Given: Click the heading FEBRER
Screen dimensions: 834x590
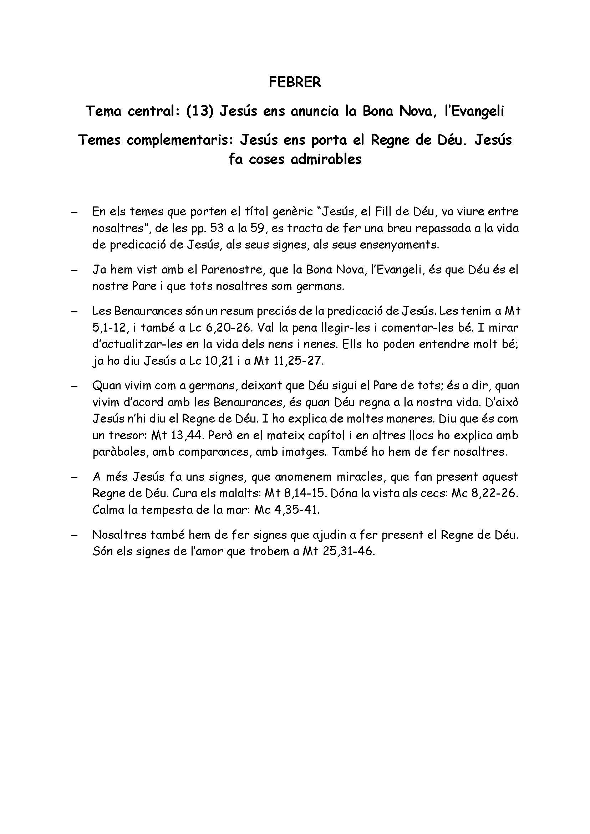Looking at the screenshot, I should coord(295,82).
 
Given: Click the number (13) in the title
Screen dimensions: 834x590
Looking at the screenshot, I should coord(199,111).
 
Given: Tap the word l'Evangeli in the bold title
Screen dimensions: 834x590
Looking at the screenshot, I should coord(474,111).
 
